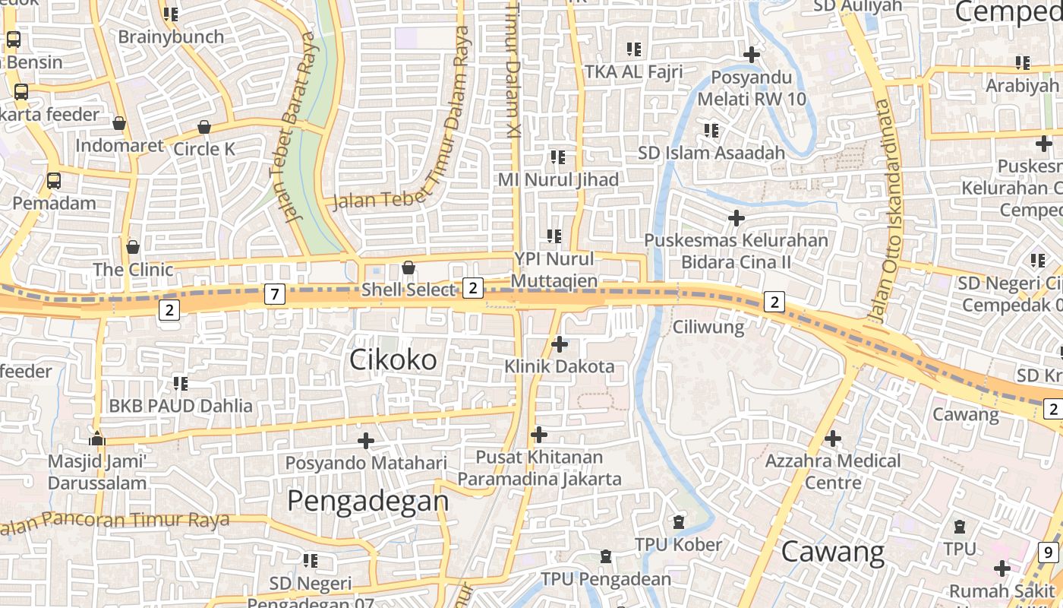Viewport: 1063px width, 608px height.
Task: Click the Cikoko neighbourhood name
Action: [x=393, y=359]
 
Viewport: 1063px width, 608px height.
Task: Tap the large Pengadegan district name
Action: [x=368, y=501]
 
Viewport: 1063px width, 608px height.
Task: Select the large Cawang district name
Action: [x=832, y=552]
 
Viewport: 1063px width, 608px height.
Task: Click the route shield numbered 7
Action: [x=275, y=293]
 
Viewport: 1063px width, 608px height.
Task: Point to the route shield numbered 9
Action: [x=1049, y=553]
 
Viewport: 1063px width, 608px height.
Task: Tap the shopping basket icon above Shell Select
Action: [x=408, y=268]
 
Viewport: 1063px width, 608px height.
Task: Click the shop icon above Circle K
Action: [x=203, y=127]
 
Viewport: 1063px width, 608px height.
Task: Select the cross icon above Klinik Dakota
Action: [x=560, y=344]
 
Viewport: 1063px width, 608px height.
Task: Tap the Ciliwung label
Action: [x=708, y=328]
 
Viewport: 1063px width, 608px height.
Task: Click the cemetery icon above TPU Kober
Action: [x=678, y=522]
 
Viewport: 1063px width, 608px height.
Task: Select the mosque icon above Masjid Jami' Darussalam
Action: [x=97, y=439]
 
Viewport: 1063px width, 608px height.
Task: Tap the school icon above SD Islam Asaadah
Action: [x=711, y=131]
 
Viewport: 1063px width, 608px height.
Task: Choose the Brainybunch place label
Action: [x=171, y=36]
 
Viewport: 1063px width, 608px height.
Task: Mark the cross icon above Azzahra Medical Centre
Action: [x=833, y=439]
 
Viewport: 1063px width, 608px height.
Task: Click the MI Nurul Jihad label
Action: [x=558, y=179]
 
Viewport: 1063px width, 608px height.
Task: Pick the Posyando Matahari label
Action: [x=366, y=462]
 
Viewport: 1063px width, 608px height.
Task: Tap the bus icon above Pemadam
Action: [x=54, y=181]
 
